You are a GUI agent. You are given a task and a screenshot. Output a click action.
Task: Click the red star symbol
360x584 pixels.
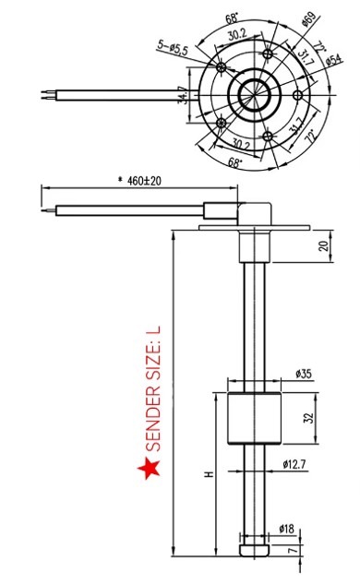pos(150,468)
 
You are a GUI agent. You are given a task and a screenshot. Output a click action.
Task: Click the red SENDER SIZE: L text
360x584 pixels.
pos(153,388)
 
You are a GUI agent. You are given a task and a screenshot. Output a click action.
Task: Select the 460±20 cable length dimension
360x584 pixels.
pos(140,181)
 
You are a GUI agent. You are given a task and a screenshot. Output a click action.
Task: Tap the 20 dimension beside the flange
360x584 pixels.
pos(325,245)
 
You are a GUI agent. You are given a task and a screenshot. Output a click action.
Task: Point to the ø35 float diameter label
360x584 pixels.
pos(304,374)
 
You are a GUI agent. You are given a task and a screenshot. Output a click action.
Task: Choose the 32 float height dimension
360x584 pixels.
pos(309,418)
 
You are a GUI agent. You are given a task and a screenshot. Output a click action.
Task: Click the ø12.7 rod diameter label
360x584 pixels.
pos(294,464)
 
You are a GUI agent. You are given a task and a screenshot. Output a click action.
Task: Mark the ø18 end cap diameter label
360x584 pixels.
pos(286,529)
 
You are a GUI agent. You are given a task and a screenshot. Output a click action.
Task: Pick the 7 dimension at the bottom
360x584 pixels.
pos(294,550)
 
